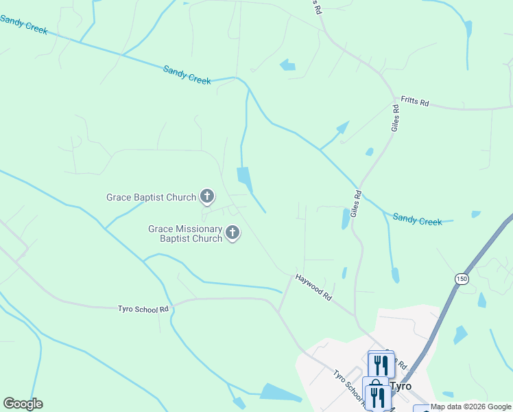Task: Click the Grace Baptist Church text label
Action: [151, 197]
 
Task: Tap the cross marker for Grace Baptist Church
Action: [206, 197]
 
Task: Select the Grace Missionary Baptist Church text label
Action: [186, 233]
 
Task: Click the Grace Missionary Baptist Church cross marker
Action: [232, 233]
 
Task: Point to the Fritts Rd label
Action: [415, 102]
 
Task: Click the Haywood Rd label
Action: [314, 288]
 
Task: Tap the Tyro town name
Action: [401, 386]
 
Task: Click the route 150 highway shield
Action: [461, 278]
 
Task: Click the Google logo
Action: [23, 403]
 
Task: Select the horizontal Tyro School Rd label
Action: [143, 310]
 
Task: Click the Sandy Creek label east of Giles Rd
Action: [417, 220]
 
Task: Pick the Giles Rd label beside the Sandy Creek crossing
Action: [356, 205]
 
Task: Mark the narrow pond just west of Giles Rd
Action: [345, 218]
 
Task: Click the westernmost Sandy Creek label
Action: [23, 24]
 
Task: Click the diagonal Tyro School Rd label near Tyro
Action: [347, 387]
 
